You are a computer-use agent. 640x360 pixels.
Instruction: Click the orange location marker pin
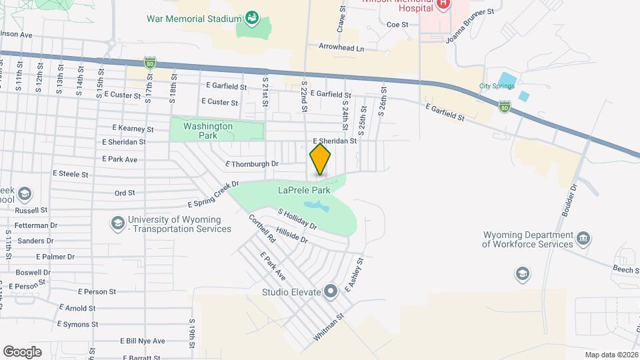[x=321, y=159]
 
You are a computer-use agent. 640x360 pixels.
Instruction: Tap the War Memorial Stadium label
[x=193, y=18]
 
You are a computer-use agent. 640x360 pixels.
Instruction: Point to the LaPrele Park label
[x=304, y=190]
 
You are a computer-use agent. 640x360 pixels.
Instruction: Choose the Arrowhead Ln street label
[x=342, y=49]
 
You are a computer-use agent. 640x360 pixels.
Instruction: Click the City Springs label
[x=497, y=86]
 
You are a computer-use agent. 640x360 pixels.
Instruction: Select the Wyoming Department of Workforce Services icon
[x=583, y=238]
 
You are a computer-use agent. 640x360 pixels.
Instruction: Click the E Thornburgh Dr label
[x=251, y=163]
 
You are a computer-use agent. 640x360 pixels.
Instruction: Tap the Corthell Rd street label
[x=262, y=228]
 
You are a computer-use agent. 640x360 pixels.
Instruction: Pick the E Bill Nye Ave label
[x=143, y=341]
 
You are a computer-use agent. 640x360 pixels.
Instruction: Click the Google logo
[x=22, y=351]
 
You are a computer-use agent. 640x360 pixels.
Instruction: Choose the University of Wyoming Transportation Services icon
[x=118, y=223]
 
